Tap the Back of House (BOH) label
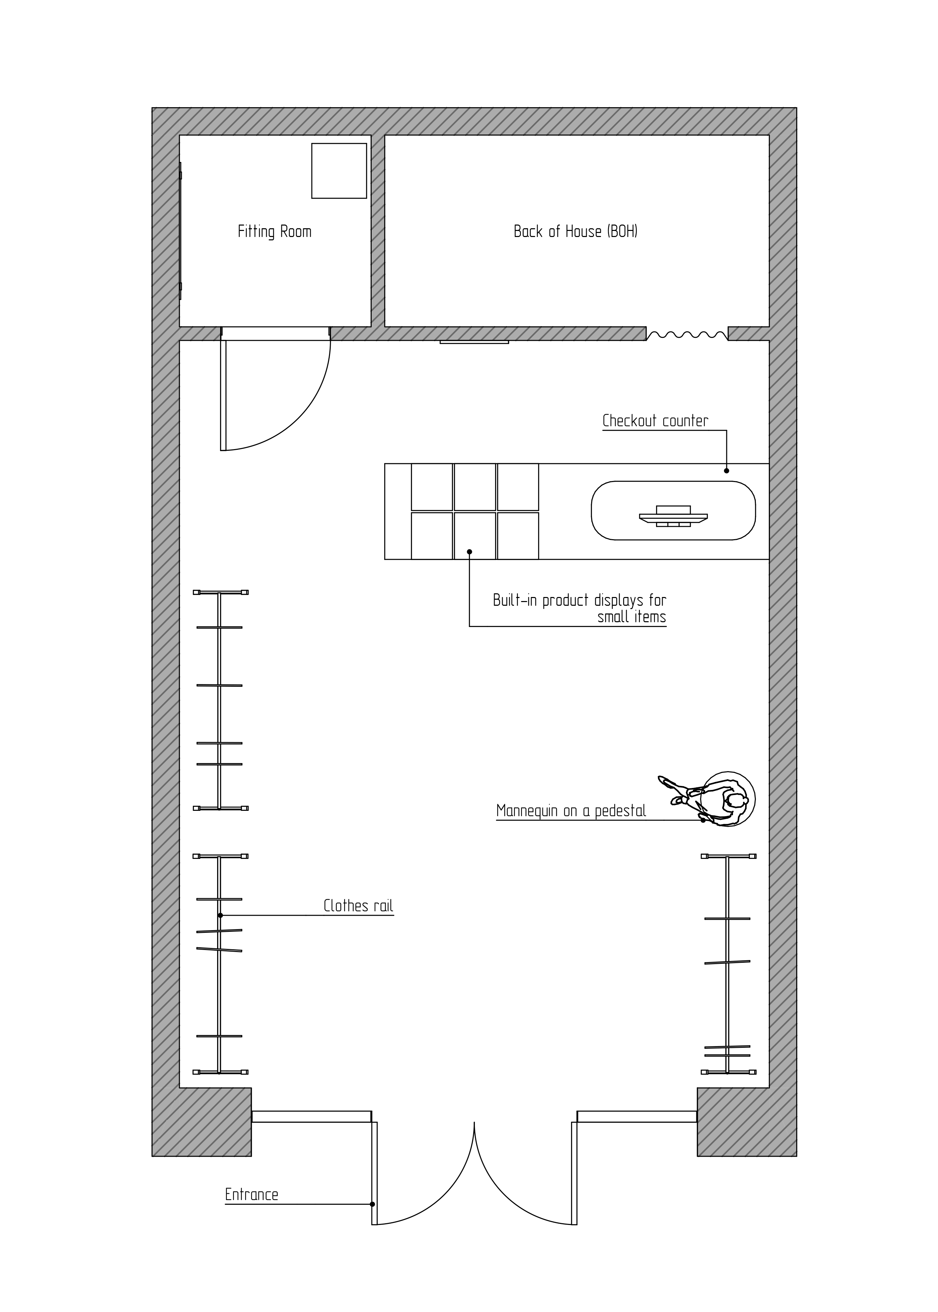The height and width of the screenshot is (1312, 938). (x=575, y=232)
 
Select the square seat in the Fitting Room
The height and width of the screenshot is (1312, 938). (x=339, y=171)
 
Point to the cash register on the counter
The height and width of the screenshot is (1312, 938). (x=674, y=516)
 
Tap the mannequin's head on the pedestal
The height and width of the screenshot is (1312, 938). (x=735, y=801)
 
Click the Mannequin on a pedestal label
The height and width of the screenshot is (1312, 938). (x=571, y=811)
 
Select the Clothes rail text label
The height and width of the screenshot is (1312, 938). (x=358, y=906)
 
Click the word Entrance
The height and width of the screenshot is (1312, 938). (x=252, y=1195)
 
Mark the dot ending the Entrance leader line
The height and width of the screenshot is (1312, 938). (x=372, y=1204)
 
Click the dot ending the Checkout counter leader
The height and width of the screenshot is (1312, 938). (x=727, y=471)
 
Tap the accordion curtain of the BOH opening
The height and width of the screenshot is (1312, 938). (x=687, y=334)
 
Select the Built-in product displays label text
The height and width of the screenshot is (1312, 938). (x=579, y=608)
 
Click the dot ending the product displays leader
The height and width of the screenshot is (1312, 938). (x=470, y=552)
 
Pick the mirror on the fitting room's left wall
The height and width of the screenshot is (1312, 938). (x=180, y=231)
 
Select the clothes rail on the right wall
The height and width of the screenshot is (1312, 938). (x=728, y=964)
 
